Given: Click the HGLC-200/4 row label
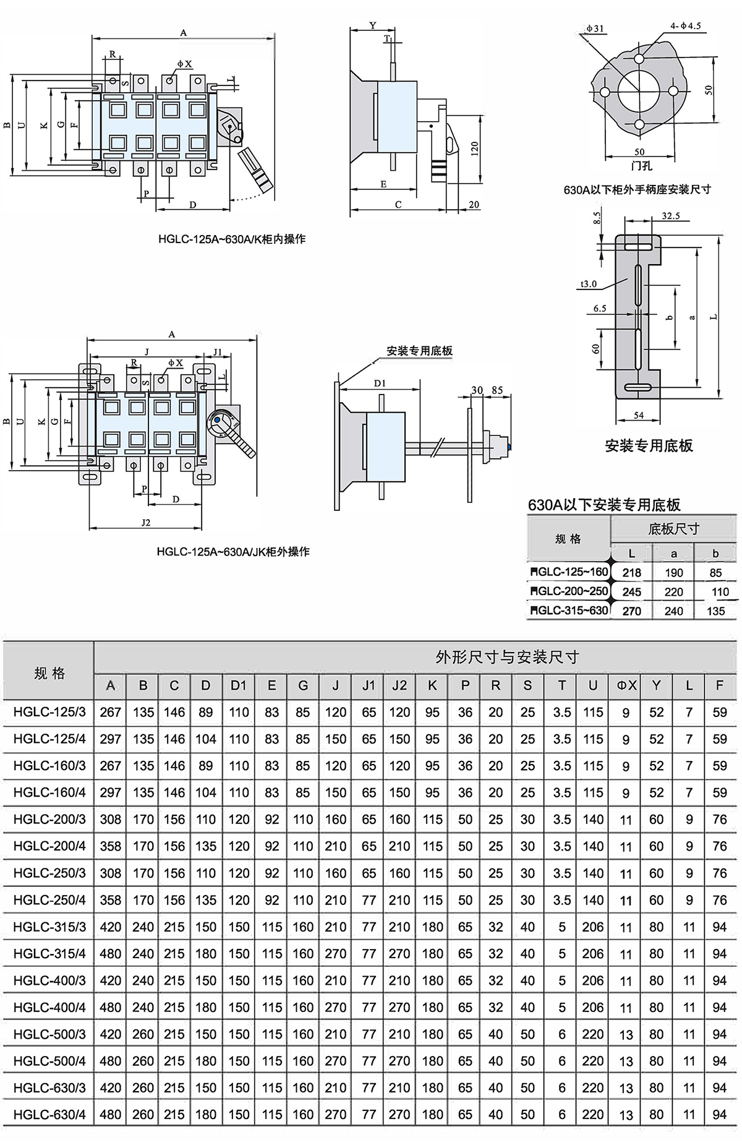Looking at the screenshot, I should tap(49, 846).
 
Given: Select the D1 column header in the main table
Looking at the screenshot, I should tap(239, 685).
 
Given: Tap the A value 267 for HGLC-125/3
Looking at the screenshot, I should tap(111, 712).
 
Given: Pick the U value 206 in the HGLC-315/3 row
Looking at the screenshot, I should tap(592, 927).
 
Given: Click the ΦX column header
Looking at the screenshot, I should tap(626, 685).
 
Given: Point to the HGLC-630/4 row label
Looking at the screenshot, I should tap(49, 1114).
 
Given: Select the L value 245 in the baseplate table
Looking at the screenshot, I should tap(631, 591).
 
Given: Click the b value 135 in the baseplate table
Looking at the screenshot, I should tap(715, 611).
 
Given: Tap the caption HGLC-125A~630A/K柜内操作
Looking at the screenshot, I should tap(232, 239).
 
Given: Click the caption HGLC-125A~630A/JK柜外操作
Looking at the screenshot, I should tap(233, 551).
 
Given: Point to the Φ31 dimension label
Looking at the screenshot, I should tap(594, 28).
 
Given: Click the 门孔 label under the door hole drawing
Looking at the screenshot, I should tap(641, 166).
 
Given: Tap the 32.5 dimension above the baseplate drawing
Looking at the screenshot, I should tap(670, 216).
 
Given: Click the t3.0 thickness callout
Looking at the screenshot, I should tap(588, 284).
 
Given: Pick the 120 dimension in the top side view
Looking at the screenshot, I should tap(474, 148).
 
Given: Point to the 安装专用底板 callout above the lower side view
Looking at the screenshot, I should tap(419, 351).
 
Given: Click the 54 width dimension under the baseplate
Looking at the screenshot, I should tap(639, 415).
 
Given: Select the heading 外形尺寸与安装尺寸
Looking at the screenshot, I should tap(507, 657).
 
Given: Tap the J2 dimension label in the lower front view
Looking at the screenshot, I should tap(146, 522).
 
